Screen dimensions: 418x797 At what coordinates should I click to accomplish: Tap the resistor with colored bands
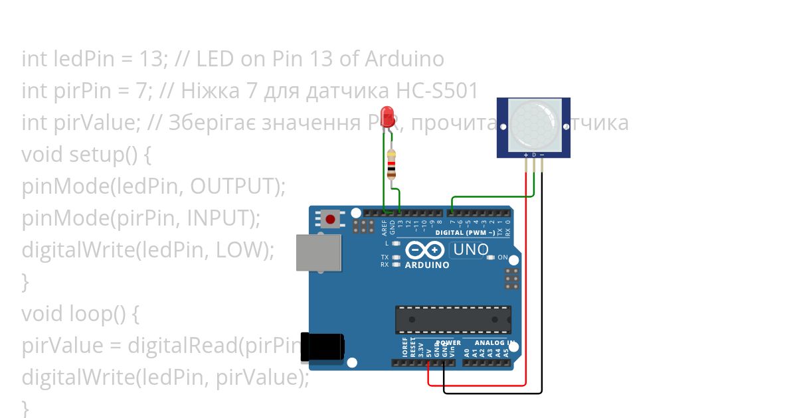point(392,164)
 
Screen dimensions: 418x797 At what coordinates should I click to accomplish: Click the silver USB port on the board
point(319,252)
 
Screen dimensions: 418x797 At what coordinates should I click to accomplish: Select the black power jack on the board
point(323,347)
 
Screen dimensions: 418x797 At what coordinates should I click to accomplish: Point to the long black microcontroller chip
point(453,319)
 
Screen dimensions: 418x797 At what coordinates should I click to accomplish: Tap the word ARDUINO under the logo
point(427,265)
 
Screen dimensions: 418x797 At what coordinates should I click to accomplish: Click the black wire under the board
point(491,393)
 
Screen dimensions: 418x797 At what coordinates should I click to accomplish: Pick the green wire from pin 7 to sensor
point(491,196)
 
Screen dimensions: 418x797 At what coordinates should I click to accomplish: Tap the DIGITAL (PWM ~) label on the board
point(465,233)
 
